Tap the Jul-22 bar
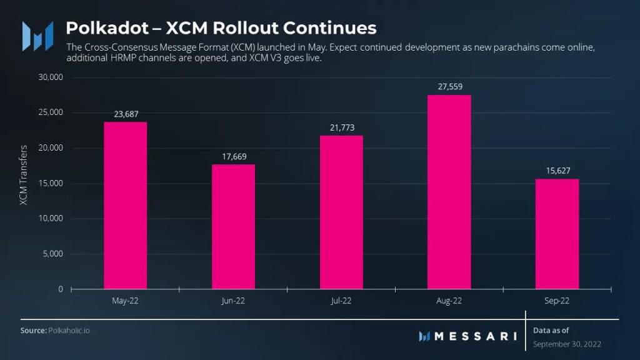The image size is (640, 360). point(341,212)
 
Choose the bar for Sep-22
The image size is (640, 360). point(557,234)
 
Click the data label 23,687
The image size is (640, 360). point(126,114)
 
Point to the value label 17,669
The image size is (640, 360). point(233,156)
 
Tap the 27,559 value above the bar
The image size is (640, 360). point(449,87)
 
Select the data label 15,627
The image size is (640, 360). point(557,171)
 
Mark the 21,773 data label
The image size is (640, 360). point(341,127)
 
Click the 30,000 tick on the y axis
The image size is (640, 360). point(51,77)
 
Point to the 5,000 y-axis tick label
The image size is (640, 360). point(53,254)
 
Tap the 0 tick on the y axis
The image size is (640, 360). point(61,289)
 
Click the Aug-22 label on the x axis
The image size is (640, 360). point(449,301)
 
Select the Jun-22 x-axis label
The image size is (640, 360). point(233,301)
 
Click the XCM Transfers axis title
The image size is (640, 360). point(23,176)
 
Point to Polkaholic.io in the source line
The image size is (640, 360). point(69,330)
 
